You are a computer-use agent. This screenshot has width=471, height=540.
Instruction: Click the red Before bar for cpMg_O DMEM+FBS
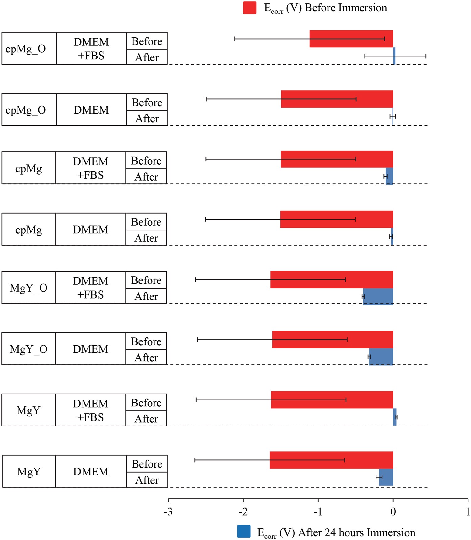pyautogui.click(x=351, y=39)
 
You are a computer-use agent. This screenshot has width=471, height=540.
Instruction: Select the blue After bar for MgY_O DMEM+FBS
pyautogui.click(x=378, y=296)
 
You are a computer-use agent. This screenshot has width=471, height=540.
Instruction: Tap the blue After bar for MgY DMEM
pyautogui.click(x=386, y=477)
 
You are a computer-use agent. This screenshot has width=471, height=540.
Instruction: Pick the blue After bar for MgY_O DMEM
pyautogui.click(x=381, y=357)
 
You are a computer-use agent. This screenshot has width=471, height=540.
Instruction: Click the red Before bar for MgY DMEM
pyautogui.click(x=331, y=460)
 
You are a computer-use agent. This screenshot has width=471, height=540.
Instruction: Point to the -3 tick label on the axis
pyautogui.click(x=168, y=512)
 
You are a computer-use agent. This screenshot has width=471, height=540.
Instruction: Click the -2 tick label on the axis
pyautogui.click(x=243, y=512)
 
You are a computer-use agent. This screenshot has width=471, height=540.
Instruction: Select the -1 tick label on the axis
pyautogui.click(x=318, y=512)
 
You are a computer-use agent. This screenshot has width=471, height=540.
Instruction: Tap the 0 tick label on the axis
pyautogui.click(x=393, y=512)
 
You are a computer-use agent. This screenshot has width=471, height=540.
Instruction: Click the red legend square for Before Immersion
pyautogui.click(x=250, y=8)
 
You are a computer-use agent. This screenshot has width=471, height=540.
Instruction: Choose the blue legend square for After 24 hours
pyautogui.click(x=244, y=532)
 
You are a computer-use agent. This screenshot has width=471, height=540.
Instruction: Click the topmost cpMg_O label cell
pyautogui.click(x=29, y=48)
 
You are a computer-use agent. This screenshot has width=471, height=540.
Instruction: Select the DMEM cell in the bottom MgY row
pyautogui.click(x=91, y=471)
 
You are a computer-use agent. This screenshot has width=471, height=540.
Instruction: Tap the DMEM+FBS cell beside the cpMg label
pyautogui.click(x=90, y=168)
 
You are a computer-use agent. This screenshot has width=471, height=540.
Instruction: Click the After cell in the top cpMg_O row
pyautogui.click(x=147, y=57)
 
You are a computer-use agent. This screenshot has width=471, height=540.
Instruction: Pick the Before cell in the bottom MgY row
pyautogui.click(x=147, y=464)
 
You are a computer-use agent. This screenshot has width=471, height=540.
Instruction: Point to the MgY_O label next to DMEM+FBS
pyautogui.click(x=29, y=288)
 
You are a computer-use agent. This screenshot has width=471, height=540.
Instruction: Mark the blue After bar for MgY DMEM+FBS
pyautogui.click(x=395, y=417)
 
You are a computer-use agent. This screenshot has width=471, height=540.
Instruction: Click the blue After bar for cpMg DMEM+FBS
pyautogui.click(x=389, y=176)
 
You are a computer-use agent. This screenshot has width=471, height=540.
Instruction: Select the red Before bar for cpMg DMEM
pyautogui.click(x=337, y=219)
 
